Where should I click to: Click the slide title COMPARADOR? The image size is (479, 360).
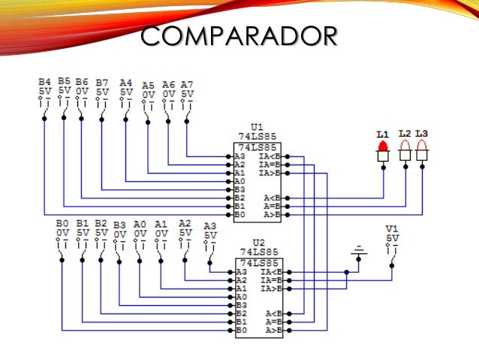tap(239, 35)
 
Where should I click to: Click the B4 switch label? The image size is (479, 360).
tap(44, 81)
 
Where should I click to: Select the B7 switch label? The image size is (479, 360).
tap(101, 82)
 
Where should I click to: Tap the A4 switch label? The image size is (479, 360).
tap(125, 83)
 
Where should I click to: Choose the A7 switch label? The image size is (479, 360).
tap(187, 84)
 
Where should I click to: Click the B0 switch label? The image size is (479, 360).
tap(62, 223)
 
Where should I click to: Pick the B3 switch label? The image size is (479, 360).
tap(119, 225)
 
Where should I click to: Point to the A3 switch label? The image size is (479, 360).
tap(209, 225)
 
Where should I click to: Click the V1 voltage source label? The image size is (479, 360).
tap(391, 228)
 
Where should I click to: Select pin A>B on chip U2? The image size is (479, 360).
tap(273, 330)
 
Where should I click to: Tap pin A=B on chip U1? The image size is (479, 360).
tap(273, 206)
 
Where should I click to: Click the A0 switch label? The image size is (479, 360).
tap(140, 224)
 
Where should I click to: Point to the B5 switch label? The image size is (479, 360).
tap(64, 80)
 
